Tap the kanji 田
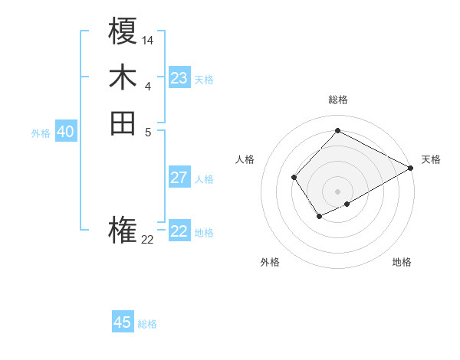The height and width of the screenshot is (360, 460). click(x=123, y=123)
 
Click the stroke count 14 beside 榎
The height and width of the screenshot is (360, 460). click(x=148, y=39)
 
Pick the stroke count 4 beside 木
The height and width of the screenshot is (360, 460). click(x=148, y=85)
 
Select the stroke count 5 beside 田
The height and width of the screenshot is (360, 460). click(x=148, y=131)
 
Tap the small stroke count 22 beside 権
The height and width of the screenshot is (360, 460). click(x=148, y=239)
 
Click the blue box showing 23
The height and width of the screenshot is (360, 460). click(x=179, y=78)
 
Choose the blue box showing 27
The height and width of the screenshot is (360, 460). click(x=179, y=178)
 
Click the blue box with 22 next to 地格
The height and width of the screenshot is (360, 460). click(x=179, y=231)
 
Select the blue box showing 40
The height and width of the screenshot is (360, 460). click(x=66, y=132)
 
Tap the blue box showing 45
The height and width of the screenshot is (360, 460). click(x=123, y=322)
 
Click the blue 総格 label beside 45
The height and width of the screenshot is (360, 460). click(x=147, y=324)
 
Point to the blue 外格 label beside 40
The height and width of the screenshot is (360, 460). click(x=41, y=133)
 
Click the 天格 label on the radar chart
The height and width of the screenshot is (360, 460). click(x=431, y=159)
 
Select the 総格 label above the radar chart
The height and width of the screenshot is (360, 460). click(x=338, y=100)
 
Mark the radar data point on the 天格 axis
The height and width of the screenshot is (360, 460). click(x=412, y=169)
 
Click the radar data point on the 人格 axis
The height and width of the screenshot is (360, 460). click(x=294, y=178)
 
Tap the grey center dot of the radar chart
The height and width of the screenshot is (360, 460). click(x=338, y=191)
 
